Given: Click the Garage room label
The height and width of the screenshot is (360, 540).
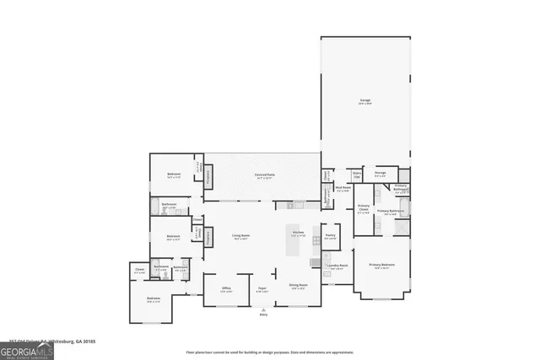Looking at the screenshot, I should [x=365, y=101].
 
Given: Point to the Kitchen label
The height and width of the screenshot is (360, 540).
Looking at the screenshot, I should [x=298, y=233].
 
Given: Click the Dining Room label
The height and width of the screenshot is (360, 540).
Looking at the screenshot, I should [x=298, y=287].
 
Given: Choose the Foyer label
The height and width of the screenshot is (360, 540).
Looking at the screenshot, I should [x=262, y=289].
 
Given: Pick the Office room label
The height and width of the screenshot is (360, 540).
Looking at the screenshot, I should [x=226, y=289].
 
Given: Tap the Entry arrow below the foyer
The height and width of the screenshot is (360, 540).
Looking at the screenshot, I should [x=262, y=309].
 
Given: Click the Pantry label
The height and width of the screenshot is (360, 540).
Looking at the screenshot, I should [x=331, y=237].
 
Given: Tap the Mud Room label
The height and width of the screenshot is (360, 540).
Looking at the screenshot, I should [x=343, y=190].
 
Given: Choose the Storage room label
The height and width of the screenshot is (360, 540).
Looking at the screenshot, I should [x=380, y=175].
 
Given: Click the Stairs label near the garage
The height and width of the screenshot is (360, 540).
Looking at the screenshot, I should [x=357, y=175].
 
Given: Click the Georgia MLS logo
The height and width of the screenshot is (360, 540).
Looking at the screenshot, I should [x=27, y=348].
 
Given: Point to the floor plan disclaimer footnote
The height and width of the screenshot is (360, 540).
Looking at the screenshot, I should [x=270, y=352].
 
